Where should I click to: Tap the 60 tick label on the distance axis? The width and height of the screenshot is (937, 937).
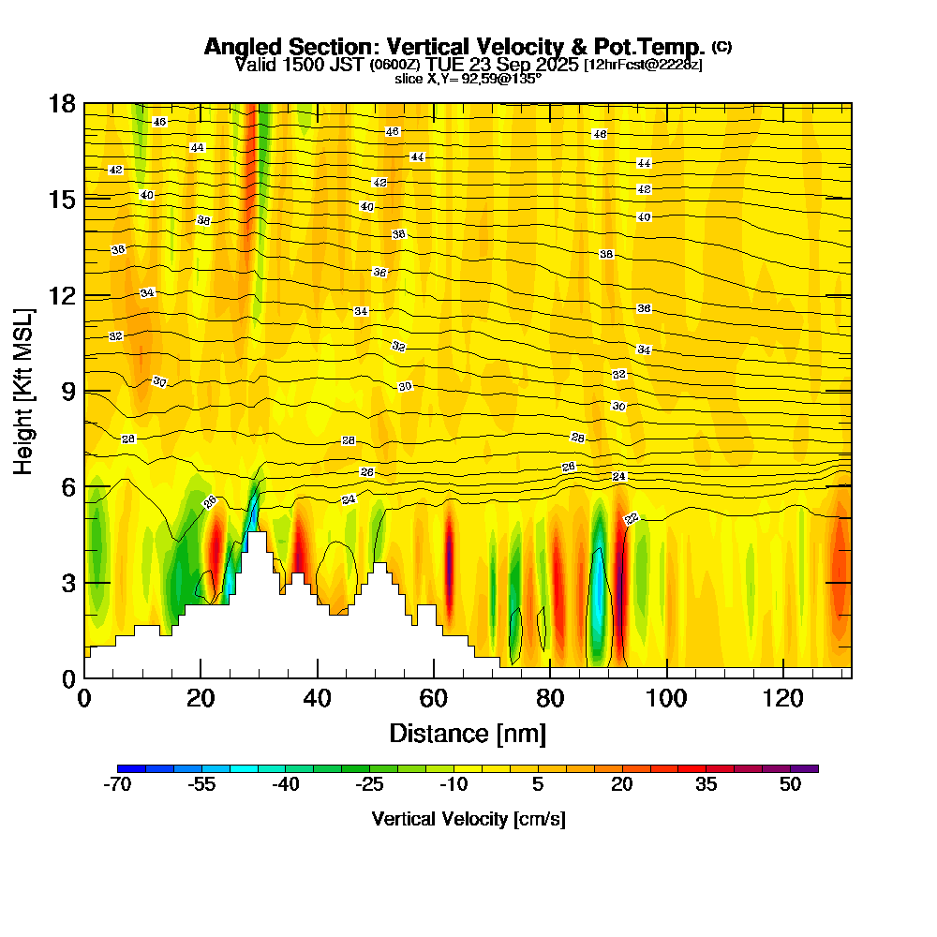coord(433,698)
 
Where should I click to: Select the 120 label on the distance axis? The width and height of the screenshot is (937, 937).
coord(782,698)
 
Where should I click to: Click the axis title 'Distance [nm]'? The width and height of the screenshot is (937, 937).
coord(468,733)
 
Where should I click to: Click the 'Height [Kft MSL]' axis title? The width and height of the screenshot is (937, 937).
coord(24,390)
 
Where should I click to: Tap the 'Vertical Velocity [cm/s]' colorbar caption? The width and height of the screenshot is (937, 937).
coord(468,819)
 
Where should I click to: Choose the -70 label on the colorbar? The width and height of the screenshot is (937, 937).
coord(118,785)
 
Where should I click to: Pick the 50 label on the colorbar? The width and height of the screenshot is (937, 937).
coord(790,785)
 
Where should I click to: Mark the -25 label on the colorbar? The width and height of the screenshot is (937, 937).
coord(370,785)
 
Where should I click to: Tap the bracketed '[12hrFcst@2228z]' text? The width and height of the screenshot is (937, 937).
coord(643,65)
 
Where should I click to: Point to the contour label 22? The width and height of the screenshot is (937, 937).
coord(632,518)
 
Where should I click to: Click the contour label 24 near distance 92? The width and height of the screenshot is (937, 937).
coord(618,477)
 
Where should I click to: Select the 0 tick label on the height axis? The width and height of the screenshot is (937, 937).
coord(67,677)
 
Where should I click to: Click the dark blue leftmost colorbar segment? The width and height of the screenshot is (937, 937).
coord(132,768)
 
